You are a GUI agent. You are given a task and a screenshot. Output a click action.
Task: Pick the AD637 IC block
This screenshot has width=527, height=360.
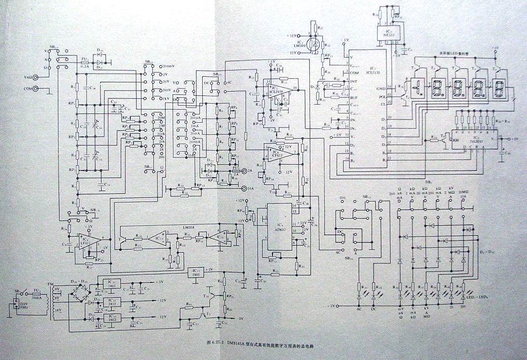tap(278, 231)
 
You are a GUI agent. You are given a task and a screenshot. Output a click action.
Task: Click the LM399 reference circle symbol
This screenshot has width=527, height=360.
tap(314, 44)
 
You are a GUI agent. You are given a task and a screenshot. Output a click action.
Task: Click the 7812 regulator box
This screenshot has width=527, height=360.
tap(110, 301)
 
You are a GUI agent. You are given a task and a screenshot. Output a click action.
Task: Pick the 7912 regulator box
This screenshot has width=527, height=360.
tap(110, 316)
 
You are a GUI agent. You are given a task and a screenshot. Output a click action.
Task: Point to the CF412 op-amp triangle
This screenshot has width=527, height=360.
tap(275, 151)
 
